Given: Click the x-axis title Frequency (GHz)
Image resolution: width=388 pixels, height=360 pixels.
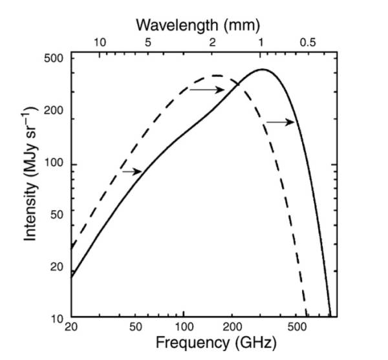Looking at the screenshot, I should click(206, 342).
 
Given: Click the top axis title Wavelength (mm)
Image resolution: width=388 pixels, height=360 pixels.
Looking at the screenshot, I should click(197, 25).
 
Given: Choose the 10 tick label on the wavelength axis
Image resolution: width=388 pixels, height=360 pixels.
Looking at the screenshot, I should click(100, 43).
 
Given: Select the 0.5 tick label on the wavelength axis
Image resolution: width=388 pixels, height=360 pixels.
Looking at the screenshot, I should click(308, 43).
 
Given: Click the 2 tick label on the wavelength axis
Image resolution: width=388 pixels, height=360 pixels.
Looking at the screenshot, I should click(213, 43).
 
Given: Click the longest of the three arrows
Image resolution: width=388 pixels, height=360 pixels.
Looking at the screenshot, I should click(207, 90).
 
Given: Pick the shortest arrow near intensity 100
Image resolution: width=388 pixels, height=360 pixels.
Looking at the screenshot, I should click(132, 171).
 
